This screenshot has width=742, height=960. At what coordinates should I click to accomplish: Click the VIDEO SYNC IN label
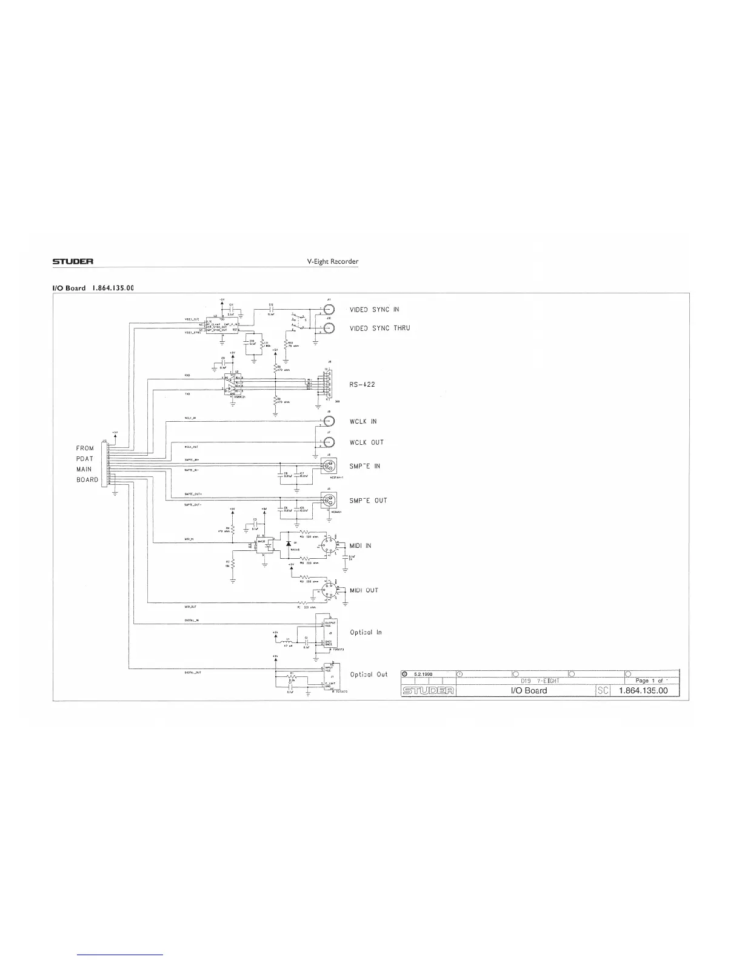(x=374, y=310)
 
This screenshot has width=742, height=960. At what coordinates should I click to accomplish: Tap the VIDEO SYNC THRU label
(x=379, y=328)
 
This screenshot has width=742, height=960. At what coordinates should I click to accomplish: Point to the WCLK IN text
(x=363, y=421)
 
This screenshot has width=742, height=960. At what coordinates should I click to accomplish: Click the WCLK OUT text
(x=366, y=442)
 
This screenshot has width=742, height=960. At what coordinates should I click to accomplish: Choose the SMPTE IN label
(x=364, y=466)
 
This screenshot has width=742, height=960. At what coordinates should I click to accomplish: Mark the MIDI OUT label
(x=364, y=590)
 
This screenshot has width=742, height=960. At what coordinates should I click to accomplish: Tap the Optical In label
(x=366, y=632)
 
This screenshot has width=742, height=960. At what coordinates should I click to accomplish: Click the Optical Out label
(x=369, y=675)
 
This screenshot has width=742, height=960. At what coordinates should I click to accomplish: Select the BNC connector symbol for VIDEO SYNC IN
(x=330, y=309)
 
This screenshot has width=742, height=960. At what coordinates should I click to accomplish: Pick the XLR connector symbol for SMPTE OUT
(x=330, y=501)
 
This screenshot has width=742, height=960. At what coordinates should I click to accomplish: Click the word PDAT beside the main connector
(x=85, y=458)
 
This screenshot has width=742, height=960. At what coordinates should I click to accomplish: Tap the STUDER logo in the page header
(x=72, y=262)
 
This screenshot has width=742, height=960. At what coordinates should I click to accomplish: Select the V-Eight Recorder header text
(x=333, y=262)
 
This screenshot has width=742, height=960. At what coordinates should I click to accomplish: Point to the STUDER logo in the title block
(x=428, y=690)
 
